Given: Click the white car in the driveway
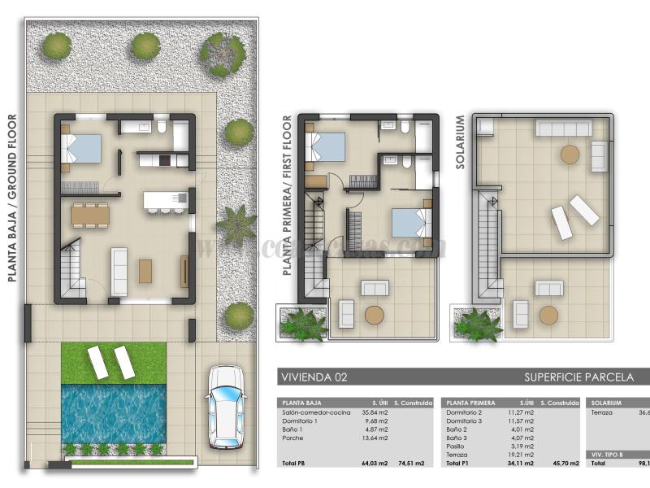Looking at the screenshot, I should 225,407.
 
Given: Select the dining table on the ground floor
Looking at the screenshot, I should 89,215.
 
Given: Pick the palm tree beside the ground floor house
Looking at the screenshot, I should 236,225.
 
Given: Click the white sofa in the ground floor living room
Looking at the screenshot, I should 119,271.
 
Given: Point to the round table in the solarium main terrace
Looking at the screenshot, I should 570,155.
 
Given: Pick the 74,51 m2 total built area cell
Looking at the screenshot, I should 409,464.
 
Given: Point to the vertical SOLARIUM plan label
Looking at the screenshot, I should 460,142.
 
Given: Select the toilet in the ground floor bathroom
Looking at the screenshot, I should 162,127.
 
